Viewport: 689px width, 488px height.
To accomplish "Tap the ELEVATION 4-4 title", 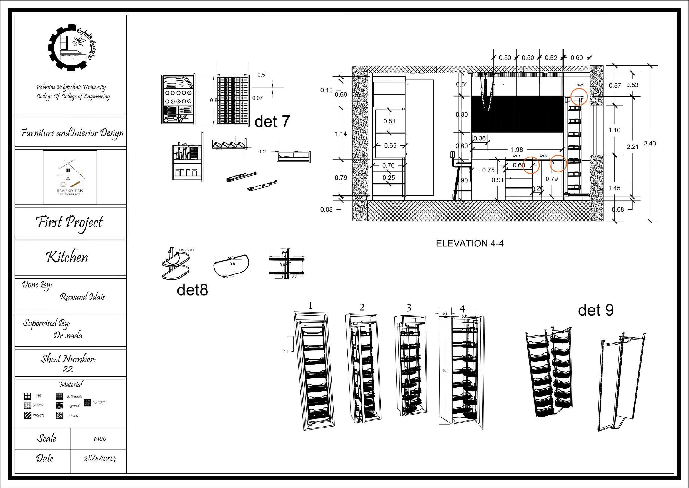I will (x=470, y=243).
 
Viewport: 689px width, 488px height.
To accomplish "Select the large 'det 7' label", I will (x=272, y=122).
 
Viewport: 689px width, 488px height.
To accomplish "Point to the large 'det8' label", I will (x=192, y=290).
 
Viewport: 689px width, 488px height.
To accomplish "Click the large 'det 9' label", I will (x=596, y=310).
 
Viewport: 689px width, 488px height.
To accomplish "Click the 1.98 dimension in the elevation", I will (x=517, y=149).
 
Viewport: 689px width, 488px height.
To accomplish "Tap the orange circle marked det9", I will (x=578, y=96).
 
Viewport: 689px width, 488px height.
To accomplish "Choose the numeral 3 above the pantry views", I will (x=409, y=308).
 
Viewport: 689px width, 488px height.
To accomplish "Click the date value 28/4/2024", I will (x=100, y=459).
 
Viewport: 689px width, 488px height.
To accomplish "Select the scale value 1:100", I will (x=100, y=439).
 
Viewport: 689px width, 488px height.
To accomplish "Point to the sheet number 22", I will (x=68, y=369).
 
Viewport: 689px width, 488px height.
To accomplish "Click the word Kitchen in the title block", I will (x=67, y=257).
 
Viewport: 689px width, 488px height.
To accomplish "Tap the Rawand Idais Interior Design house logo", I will (x=70, y=177).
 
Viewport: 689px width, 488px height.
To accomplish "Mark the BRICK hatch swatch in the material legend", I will (x=27, y=415).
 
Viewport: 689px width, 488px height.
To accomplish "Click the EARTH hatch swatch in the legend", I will (x=88, y=402).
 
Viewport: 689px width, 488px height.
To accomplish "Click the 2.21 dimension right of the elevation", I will (x=632, y=147).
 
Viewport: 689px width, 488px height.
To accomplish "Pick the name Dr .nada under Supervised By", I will (x=68, y=335).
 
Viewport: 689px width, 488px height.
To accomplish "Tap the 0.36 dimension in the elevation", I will (x=480, y=138).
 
